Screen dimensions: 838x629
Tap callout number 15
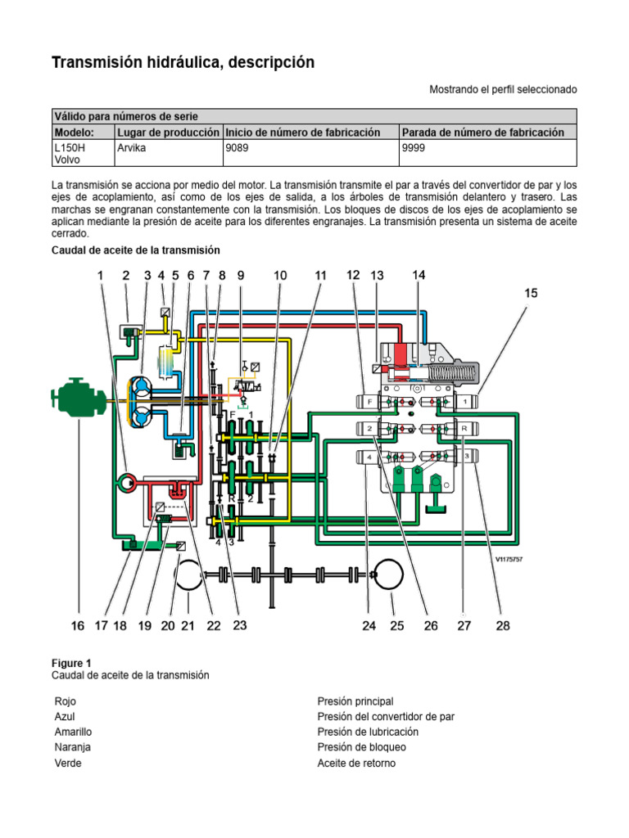[532, 292]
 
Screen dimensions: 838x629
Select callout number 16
[78, 626]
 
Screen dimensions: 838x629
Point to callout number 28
[503, 626]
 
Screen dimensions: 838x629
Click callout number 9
[241, 277]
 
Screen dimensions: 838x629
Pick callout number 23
[239, 625]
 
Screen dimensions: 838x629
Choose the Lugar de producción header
[168, 132]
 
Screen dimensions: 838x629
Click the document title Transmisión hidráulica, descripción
[183, 63]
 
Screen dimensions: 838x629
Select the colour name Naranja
[72, 747]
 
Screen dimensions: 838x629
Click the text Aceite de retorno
[356, 763]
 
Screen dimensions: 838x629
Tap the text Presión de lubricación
[368, 732]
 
